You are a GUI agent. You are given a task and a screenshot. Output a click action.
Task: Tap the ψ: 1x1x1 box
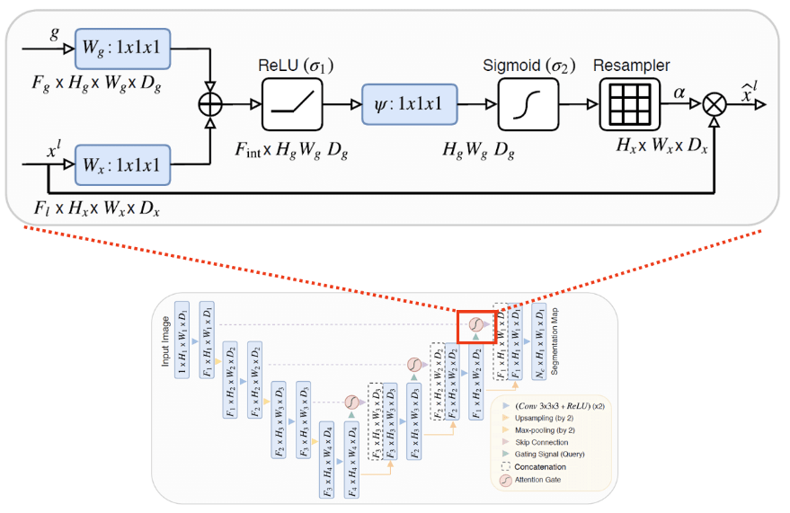click(409, 104)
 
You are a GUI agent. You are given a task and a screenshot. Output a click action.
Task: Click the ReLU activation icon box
click(292, 104)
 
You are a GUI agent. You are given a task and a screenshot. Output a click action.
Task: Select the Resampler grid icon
click(629, 104)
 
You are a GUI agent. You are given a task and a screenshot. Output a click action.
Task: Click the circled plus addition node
click(209, 104)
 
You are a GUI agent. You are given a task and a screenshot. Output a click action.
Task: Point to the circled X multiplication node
click(715, 104)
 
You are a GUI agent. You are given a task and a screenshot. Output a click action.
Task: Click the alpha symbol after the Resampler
click(679, 91)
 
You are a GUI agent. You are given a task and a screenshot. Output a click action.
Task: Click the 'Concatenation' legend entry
click(542, 466)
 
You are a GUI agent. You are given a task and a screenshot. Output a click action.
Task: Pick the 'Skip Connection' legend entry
click(542, 442)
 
